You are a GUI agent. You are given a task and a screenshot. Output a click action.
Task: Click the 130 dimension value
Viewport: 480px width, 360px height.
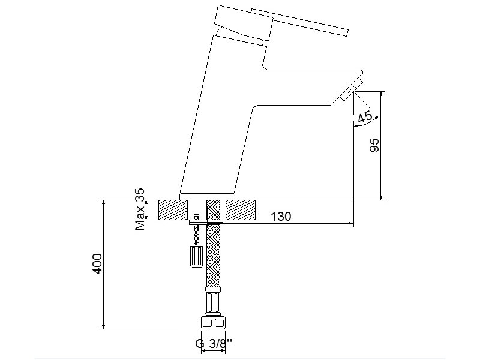click(281, 217)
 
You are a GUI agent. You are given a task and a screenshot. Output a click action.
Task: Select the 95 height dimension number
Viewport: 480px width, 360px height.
click(374, 145)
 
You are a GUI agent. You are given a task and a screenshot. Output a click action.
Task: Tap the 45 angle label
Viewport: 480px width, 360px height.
click(365, 116)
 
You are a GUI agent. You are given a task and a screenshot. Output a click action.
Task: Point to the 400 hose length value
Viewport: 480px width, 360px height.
click(97, 264)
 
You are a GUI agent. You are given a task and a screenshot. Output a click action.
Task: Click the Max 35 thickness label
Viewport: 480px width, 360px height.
click(140, 209)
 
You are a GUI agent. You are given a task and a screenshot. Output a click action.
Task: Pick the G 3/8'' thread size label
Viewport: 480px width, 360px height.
click(214, 343)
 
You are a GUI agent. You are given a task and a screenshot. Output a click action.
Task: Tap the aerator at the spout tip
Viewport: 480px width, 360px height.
click(352, 89)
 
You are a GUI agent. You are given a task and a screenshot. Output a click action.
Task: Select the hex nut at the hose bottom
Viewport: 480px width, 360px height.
click(214, 323)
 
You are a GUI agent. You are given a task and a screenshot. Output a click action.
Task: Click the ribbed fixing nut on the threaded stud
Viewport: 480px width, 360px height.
click(196, 256)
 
